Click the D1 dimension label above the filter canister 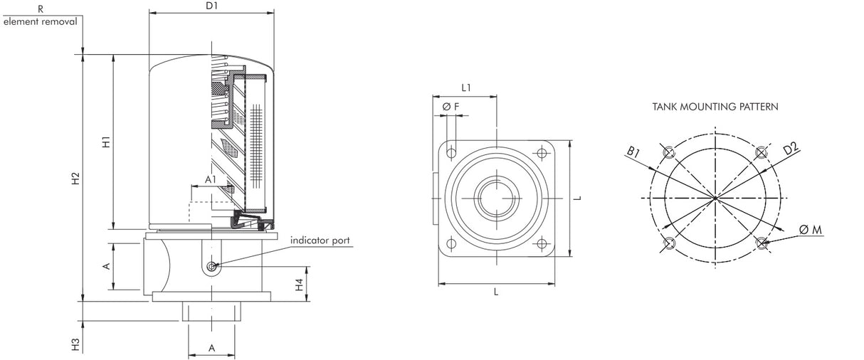click(211, 6)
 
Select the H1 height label click(106, 142)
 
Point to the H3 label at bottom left click(76, 345)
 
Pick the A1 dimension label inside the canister click(211, 180)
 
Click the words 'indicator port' click(320, 240)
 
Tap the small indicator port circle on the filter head click(211, 267)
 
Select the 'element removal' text click(40, 21)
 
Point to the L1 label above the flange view click(466, 88)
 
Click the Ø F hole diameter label click(451, 107)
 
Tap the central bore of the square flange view click(496, 198)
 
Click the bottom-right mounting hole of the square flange click(542, 244)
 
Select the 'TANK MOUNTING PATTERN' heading click(715, 107)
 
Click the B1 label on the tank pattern click(633, 152)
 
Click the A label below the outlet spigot click(211, 347)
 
